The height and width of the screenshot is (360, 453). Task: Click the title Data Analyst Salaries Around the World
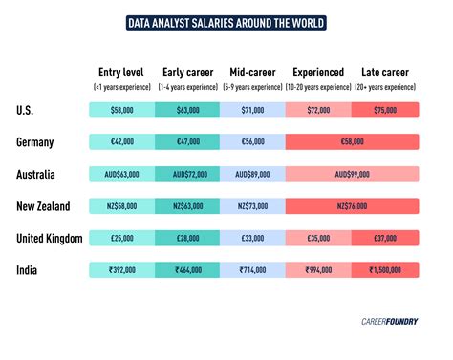point(226,22)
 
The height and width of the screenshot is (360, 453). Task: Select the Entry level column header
point(120,72)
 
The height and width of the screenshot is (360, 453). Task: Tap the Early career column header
point(186,72)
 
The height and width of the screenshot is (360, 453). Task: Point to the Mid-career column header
point(252,72)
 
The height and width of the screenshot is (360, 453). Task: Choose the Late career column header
point(384,72)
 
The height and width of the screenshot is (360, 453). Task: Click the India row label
point(29,270)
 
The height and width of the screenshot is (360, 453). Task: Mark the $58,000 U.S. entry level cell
point(121,110)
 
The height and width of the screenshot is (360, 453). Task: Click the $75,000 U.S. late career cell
point(384,110)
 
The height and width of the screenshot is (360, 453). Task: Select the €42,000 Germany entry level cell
point(121,142)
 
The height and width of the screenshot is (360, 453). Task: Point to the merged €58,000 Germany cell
point(352,142)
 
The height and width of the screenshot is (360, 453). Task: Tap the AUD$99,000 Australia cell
point(352,175)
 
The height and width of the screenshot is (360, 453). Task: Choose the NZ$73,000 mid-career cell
point(252,206)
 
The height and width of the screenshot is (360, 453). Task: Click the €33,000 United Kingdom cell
point(252,239)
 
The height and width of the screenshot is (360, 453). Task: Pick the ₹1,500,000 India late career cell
point(384,271)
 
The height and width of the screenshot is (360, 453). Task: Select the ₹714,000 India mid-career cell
point(252,271)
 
